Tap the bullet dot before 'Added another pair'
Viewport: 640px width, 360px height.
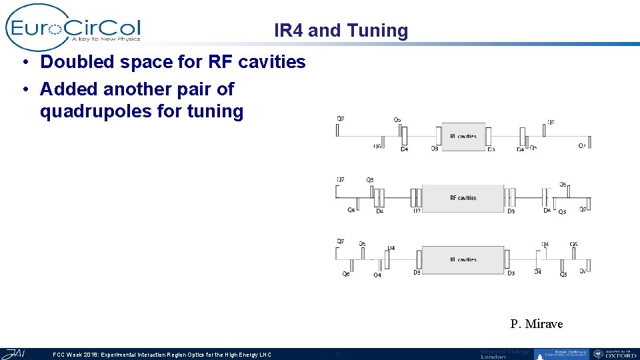pos(23,89)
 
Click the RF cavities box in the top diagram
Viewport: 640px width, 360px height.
pos(463,135)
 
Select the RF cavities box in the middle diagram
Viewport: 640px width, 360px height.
pos(463,198)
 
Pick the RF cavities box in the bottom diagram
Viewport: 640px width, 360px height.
pos(463,259)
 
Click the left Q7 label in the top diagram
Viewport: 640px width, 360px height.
pos(341,119)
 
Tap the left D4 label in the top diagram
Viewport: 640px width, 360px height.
pos(405,149)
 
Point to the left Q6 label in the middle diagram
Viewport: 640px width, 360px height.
pos(351,210)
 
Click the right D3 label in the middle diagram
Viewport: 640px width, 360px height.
pos(511,211)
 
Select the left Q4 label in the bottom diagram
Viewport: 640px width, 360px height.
pos(377,275)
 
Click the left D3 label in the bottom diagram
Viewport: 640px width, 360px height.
pos(417,272)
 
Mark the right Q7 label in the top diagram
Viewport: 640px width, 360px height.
pos(582,146)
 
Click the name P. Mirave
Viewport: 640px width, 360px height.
pos(536,324)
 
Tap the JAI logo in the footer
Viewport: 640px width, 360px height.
pos(15,353)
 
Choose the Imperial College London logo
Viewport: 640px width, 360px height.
pos(505,354)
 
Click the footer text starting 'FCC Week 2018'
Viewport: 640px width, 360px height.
pos(162,355)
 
